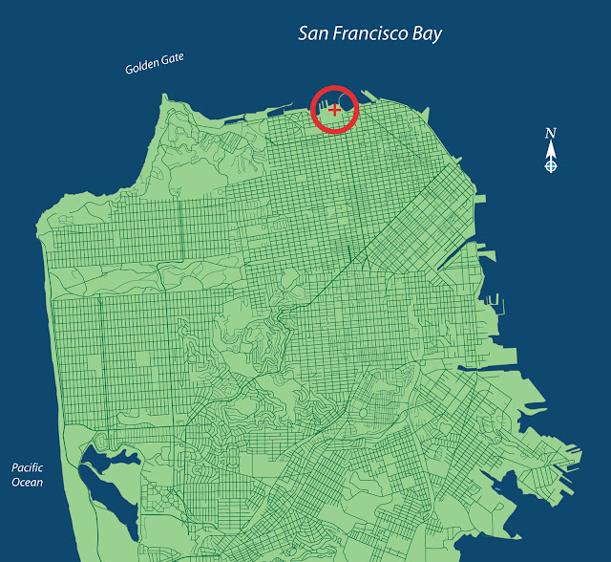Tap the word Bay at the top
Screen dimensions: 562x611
point(426,34)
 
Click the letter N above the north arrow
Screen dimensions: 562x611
point(550,133)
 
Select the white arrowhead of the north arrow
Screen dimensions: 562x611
point(550,149)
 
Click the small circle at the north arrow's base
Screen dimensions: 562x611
point(550,166)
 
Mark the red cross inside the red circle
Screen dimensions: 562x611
point(333,111)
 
